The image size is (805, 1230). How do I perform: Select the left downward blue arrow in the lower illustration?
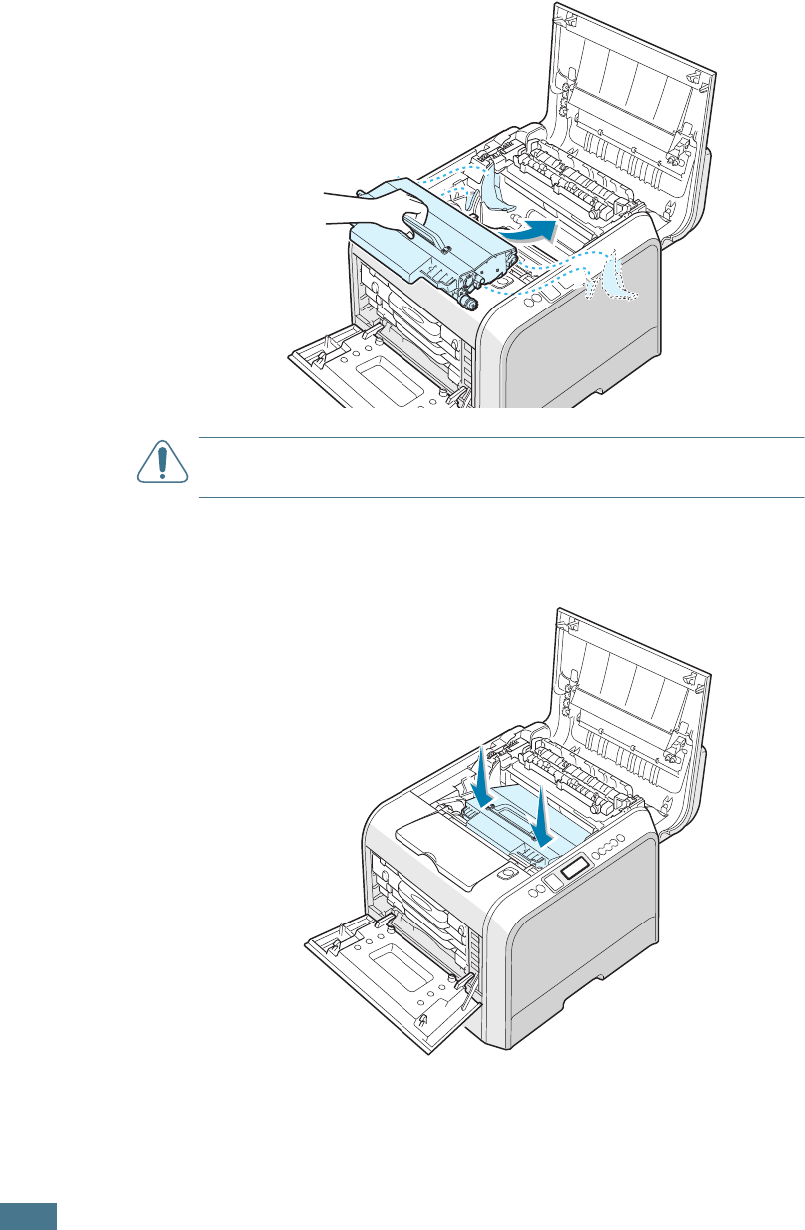pyautogui.click(x=481, y=775)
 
